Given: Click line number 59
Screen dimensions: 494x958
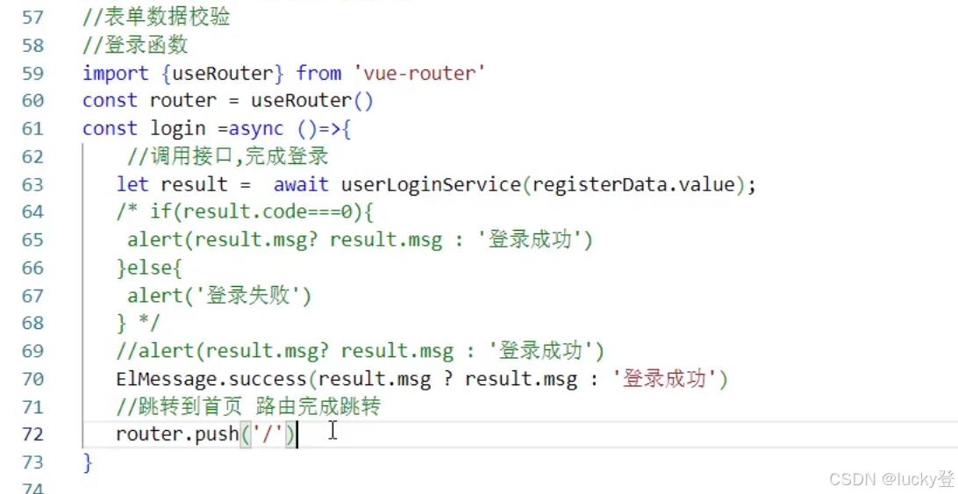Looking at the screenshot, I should [32, 73].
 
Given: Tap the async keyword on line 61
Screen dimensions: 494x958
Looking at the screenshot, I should [256, 128].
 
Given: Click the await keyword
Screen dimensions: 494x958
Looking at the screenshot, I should [301, 184].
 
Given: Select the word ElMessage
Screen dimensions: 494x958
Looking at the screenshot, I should [160, 379].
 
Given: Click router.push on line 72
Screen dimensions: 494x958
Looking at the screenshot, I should [176, 433].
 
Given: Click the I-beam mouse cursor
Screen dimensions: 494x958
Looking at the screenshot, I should [332, 431].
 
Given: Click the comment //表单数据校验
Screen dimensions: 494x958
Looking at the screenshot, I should [157, 18].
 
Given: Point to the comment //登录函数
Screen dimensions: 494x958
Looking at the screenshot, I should [135, 46].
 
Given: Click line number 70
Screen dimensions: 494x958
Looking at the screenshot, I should [32, 379].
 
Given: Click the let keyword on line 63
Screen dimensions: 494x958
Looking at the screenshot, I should [132, 184].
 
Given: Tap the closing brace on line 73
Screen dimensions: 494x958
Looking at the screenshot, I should [87, 462].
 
